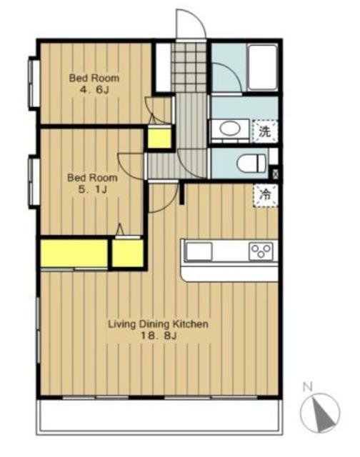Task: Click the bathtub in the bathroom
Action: click(x=262, y=67)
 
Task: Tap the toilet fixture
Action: click(x=251, y=164)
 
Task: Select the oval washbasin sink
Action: click(x=230, y=129)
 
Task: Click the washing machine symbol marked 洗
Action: click(x=265, y=131)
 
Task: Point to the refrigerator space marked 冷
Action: click(x=265, y=195)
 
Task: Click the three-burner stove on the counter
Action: click(x=261, y=251)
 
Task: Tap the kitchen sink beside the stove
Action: click(x=199, y=251)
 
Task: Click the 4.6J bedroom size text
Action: click(x=94, y=90)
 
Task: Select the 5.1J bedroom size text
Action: click(x=92, y=189)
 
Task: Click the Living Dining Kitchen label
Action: click(x=159, y=324)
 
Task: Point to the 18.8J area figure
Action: click(x=159, y=336)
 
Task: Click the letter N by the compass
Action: click(x=308, y=387)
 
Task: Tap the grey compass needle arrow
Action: click(x=324, y=415)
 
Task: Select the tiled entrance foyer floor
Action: click(x=189, y=67)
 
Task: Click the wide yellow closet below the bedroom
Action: click(x=74, y=253)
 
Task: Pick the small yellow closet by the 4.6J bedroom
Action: click(x=159, y=137)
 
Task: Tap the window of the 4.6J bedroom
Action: click(x=34, y=83)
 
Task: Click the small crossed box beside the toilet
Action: click(x=275, y=174)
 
